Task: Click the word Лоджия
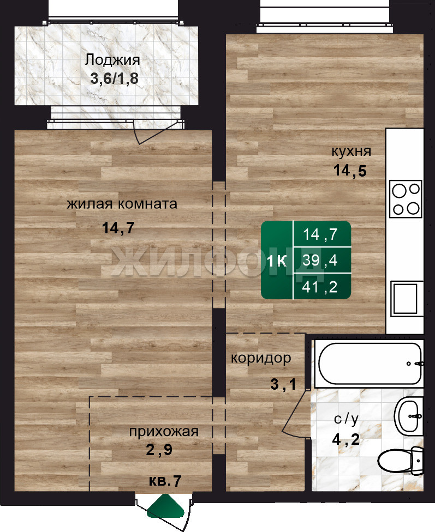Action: (112, 60)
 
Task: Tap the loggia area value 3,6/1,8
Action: (114, 78)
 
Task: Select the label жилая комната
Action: (122, 204)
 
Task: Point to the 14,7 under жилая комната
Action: (118, 228)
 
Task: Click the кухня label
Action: (351, 152)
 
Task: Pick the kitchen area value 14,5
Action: (350, 170)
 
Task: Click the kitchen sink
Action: (407, 299)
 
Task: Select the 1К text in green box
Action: (277, 261)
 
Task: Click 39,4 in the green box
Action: (320, 260)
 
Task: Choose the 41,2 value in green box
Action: (320, 287)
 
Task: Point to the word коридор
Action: (261, 358)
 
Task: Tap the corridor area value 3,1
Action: (283, 384)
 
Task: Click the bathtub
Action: (370, 364)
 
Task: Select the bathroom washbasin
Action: (409, 415)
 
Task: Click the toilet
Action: (401, 461)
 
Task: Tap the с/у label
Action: (346, 420)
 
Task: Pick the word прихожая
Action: (164, 432)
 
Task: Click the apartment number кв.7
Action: (165, 481)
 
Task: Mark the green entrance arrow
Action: (165, 506)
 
